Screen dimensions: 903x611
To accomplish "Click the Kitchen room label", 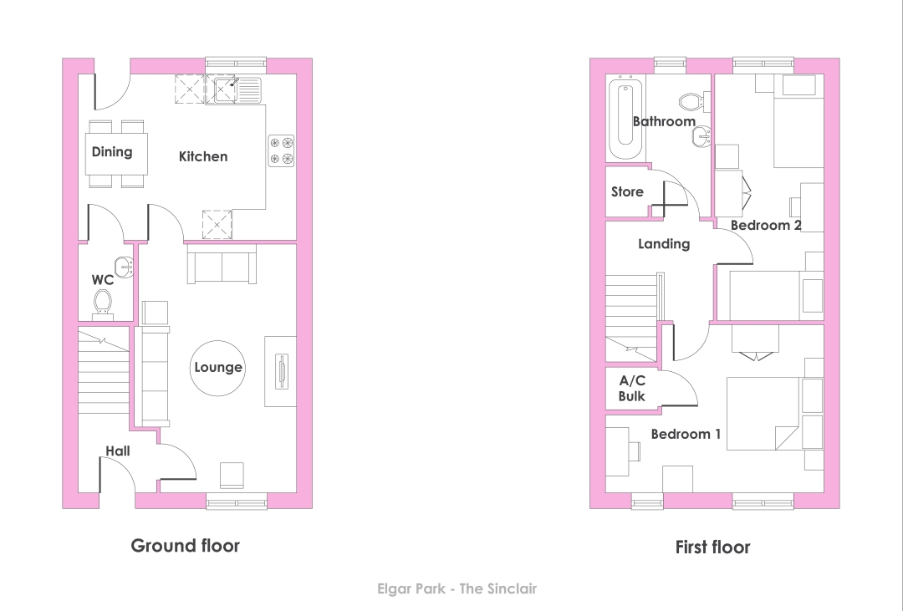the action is click(x=202, y=156).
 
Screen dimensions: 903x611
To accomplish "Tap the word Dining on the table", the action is click(x=112, y=152).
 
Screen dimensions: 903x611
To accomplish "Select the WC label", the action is click(x=103, y=280).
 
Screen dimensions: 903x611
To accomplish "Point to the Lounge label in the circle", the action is click(x=217, y=368).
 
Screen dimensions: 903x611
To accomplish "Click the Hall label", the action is click(x=118, y=451).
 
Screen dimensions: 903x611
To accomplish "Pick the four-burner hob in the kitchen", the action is click(x=281, y=150).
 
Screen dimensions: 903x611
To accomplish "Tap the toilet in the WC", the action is click(x=103, y=304).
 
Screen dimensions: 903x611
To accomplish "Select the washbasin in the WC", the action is click(x=125, y=267).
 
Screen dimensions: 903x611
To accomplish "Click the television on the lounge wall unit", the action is click(x=281, y=371).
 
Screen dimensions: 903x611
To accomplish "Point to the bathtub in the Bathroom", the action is click(x=625, y=118).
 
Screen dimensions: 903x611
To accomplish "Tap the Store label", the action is click(x=627, y=191).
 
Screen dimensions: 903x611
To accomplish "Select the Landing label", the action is click(x=663, y=244).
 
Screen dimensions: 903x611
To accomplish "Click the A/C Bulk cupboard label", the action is click(x=632, y=388).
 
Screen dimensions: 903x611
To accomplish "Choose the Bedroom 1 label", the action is click(x=686, y=434).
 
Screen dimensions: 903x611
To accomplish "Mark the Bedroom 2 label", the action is click(x=765, y=225).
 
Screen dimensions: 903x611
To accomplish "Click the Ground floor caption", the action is click(x=185, y=545).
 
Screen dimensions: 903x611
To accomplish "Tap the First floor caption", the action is click(x=712, y=547).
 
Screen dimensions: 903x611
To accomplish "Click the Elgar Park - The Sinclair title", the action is click(x=457, y=588).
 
